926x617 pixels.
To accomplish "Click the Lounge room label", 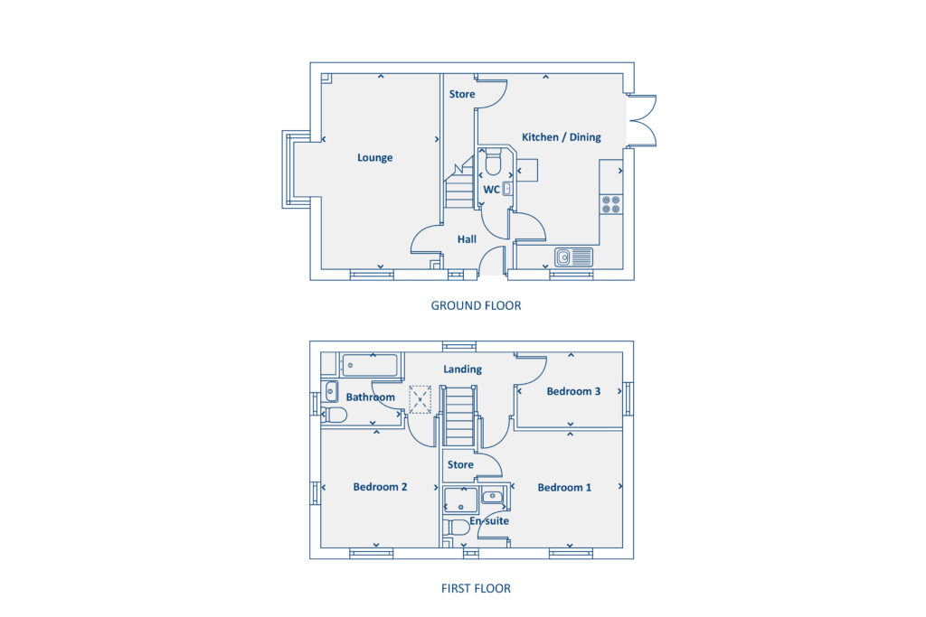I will [374, 158].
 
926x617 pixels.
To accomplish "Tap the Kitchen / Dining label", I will [561, 137].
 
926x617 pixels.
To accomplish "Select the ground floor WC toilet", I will [493, 164].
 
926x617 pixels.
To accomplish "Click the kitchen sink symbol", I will [573, 257].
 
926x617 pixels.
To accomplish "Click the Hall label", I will [467, 239].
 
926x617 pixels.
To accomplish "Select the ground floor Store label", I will [462, 94].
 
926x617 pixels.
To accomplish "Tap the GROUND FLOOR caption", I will [476, 306].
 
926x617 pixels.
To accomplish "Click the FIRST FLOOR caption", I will [476, 589].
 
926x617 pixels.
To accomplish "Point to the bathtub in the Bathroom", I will [369, 365].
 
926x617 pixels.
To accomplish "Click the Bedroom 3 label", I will [573, 391].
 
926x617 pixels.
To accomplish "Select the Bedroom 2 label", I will [380, 487].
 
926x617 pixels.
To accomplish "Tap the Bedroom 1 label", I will [564, 488].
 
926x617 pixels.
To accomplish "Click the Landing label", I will [462, 369].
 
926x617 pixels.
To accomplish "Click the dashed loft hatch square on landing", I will [420, 399].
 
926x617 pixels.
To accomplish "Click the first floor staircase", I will [460, 416].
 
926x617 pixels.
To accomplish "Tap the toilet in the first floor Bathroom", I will [335, 415].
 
